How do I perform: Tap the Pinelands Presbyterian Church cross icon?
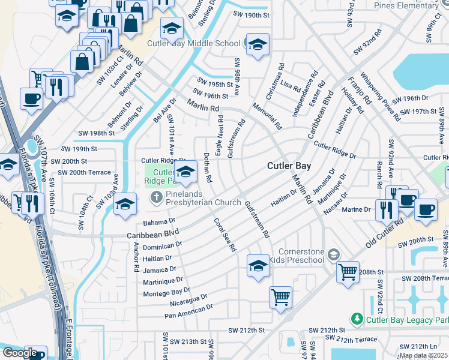click(x=155, y=197)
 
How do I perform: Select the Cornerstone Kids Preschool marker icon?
click(x=333, y=256)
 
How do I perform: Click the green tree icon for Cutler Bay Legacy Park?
click(x=357, y=319)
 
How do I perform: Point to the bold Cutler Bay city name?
click(x=288, y=166)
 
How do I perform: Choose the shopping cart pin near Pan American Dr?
click(x=280, y=297)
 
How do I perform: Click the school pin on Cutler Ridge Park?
click(x=186, y=172)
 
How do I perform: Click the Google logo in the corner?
click(x=20, y=352)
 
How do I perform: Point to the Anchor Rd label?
click(x=136, y=257)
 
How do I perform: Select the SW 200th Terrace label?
click(x=80, y=172)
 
